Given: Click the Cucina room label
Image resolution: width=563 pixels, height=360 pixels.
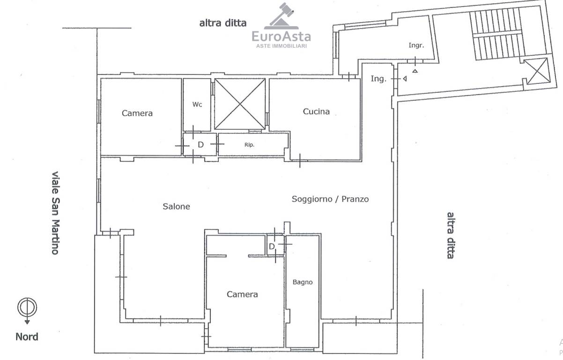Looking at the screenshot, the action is [x=316, y=111].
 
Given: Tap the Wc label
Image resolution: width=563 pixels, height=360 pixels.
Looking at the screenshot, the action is [x=197, y=104].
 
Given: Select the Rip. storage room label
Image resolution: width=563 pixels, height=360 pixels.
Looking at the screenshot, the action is [x=249, y=145].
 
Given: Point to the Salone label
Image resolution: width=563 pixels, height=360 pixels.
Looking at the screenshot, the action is [x=176, y=206].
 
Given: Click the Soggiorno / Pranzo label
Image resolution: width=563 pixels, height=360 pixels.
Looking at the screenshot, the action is [x=330, y=199].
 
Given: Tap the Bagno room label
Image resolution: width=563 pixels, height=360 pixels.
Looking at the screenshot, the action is [x=303, y=282].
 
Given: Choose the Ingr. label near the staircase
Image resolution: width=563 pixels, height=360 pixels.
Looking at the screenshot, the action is [x=416, y=45].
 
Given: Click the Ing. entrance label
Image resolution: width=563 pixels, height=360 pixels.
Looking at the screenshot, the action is [x=378, y=79].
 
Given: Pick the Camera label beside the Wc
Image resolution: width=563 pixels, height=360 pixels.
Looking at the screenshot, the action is [x=137, y=113].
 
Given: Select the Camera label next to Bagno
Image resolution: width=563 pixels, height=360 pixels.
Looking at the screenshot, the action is [x=242, y=294].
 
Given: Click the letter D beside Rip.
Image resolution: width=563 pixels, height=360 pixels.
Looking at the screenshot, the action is [x=200, y=145].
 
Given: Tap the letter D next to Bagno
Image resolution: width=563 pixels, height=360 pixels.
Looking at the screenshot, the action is [x=272, y=247].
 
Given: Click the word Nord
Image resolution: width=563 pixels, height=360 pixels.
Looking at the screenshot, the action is [x=27, y=337].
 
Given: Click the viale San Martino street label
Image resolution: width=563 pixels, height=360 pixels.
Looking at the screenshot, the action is [x=55, y=213].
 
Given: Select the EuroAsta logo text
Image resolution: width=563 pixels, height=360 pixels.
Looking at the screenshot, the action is [x=281, y=37].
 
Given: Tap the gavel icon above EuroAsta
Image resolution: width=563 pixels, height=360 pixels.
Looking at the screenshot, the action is [x=281, y=16].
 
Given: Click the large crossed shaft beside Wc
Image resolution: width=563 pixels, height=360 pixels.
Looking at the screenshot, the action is [x=240, y=104].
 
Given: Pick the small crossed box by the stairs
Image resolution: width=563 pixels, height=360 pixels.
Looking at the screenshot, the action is [x=537, y=71].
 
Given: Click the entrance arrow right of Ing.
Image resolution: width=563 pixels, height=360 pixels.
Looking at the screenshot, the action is [x=405, y=79].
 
